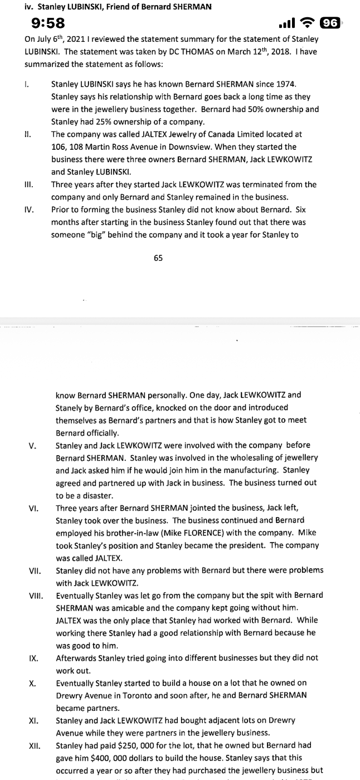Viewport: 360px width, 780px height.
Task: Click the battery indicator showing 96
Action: [330, 23]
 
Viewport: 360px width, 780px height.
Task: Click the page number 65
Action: [158, 258]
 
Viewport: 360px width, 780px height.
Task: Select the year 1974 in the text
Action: [286, 84]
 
